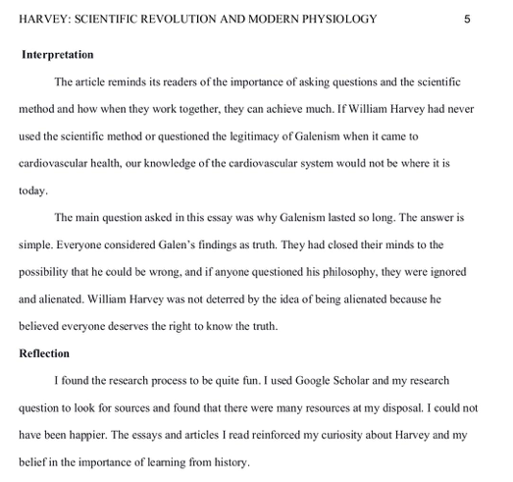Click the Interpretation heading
pyautogui.click(x=58, y=55)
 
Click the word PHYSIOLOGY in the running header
pyautogui.click(x=333, y=19)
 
